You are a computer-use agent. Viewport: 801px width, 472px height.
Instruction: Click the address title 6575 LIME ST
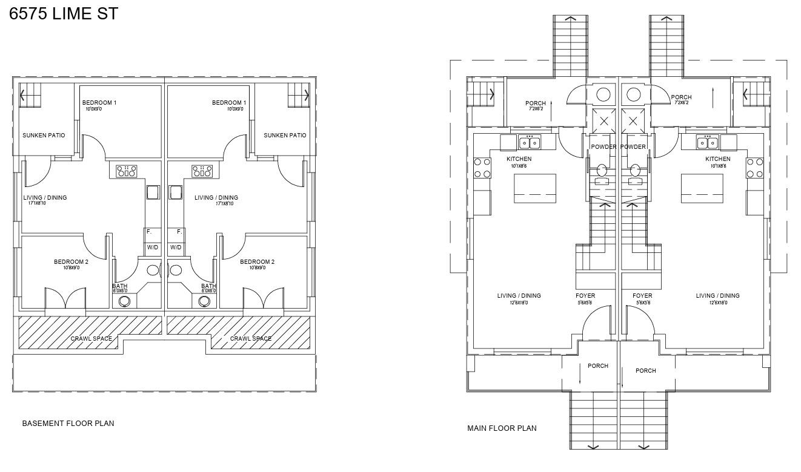pos(64,14)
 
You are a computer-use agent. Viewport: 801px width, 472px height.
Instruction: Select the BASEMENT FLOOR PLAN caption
pos(68,424)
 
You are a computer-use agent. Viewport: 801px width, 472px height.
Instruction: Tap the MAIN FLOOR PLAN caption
pos(502,428)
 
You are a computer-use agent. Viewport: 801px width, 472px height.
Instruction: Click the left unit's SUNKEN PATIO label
pos(44,136)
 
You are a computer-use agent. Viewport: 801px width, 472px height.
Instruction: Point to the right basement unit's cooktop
pos(202,171)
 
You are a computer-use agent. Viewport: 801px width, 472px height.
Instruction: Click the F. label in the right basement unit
pos(179,232)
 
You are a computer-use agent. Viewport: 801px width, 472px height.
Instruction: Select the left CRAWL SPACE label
pos(91,339)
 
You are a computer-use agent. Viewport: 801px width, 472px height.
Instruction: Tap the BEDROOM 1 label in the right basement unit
pos(229,103)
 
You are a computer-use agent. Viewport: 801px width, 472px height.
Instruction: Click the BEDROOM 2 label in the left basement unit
pos(71,262)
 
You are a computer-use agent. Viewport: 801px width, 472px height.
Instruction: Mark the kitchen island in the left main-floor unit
pos(535,188)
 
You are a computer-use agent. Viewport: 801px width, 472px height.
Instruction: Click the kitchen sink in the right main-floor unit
pos(706,143)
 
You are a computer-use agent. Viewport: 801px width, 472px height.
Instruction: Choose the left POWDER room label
pos(603,147)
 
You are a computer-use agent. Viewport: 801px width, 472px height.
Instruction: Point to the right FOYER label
pos(642,296)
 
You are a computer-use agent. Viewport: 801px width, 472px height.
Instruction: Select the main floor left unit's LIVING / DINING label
pos(519,296)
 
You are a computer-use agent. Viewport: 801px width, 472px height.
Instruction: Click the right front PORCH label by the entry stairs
pos(645,371)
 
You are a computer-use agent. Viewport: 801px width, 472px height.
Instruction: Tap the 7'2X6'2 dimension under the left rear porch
pos(535,110)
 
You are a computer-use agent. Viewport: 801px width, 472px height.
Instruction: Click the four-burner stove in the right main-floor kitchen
pos(754,168)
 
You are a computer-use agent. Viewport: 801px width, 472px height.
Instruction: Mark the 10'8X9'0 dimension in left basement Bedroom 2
pos(71,268)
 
